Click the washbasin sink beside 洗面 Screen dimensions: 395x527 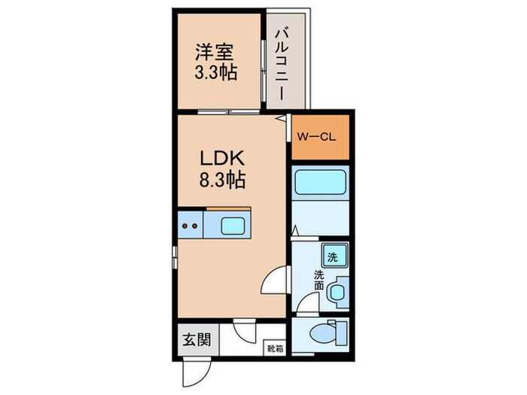[337, 290]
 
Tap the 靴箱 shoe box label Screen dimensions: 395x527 [275, 348]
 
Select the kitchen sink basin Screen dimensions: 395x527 [232, 224]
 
